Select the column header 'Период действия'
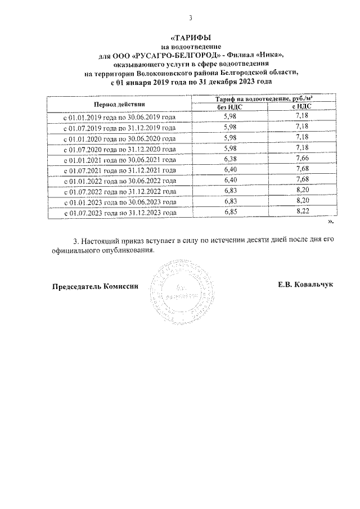point(119,103)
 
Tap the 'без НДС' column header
point(229,107)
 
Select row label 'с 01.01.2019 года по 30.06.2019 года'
point(119,118)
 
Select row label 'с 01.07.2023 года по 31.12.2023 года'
point(119,213)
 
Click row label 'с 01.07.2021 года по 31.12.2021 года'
point(119,170)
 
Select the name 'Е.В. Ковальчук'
point(305,284)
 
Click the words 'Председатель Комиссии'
point(94,286)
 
